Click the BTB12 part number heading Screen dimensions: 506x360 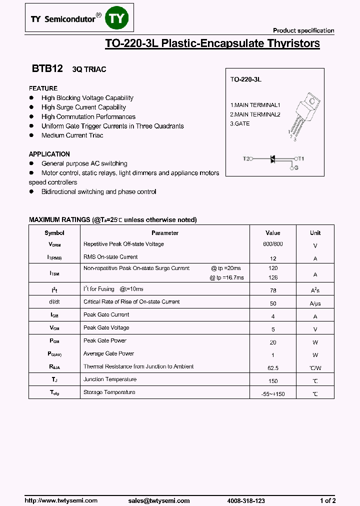tap(47, 69)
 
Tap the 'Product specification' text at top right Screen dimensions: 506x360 tap(303, 30)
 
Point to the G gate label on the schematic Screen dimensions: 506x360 tap(296, 168)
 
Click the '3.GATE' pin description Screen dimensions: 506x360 tap(240, 123)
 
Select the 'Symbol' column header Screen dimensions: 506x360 tap(54, 233)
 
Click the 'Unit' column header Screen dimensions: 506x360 tap(315, 233)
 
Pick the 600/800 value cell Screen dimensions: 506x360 tap(272, 244)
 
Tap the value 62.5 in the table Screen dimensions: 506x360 tap(272, 368)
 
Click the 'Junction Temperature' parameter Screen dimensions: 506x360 tap(109, 379)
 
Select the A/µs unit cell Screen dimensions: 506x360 tap(315, 303)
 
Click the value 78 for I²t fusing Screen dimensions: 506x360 tap(272, 290)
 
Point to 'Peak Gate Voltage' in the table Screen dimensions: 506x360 tap(106, 327)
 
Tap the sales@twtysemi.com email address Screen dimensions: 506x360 tap(158, 500)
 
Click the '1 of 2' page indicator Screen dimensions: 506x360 tap(327, 500)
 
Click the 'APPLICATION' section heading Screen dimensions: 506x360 tap(49, 154)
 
